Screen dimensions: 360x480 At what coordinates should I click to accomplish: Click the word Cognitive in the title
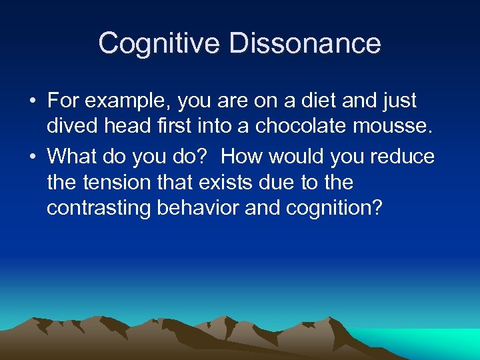point(159,44)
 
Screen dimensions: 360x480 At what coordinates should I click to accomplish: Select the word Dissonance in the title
point(305,44)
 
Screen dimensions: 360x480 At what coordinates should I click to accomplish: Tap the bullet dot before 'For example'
point(32,102)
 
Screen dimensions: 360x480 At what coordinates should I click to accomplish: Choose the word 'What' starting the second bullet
point(71,157)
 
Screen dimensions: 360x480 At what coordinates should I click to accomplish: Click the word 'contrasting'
point(99,209)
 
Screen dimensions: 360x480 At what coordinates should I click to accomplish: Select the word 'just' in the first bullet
point(398,102)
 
